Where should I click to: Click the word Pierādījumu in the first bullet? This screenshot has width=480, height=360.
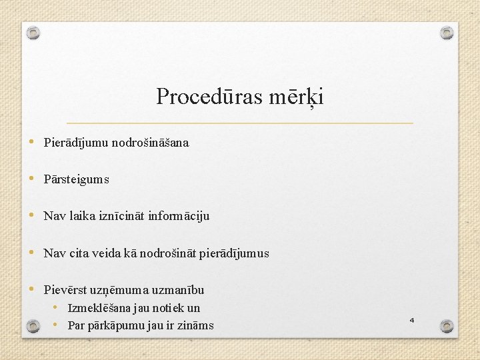tap(76, 143)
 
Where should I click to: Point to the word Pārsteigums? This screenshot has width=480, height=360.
tap(77, 179)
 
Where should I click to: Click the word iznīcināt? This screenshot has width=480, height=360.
tap(122, 216)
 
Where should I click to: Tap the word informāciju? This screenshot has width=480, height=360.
tap(179, 216)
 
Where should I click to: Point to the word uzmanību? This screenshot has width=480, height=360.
tap(179, 290)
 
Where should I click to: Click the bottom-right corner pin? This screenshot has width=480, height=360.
tap(447, 326)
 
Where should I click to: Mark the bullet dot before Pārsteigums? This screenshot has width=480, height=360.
tap(34, 179)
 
